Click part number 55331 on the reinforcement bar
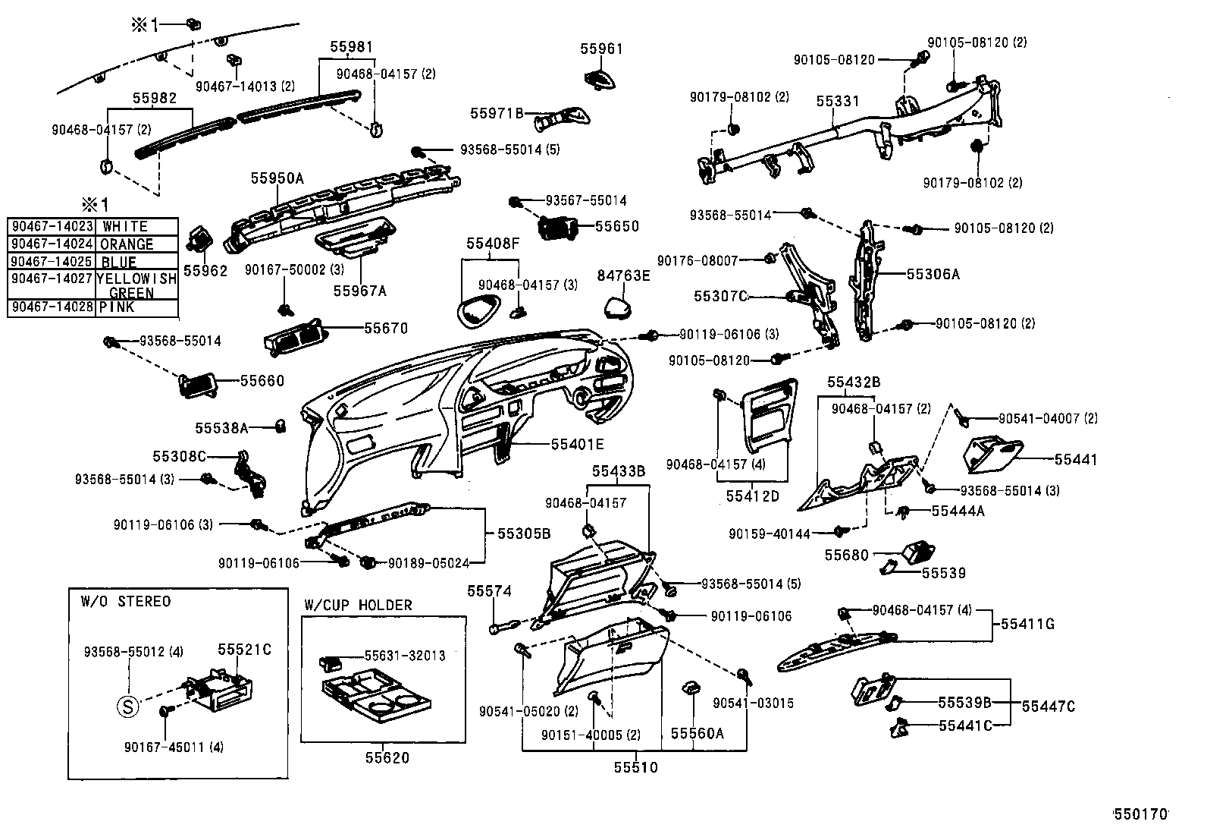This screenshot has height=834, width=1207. [837, 101]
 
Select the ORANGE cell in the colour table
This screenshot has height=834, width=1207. [127, 244]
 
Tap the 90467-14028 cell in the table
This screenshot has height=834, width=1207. [51, 307]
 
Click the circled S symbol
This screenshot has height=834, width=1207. [128, 707]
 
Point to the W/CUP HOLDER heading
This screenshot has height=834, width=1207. [358, 605]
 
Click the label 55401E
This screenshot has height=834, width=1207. [577, 444]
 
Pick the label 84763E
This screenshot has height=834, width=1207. [623, 275]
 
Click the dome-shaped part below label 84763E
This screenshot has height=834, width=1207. [620, 307]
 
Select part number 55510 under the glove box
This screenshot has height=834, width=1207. [635, 767]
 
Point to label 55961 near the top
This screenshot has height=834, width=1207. [601, 49]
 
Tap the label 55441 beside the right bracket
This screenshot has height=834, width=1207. [1075, 459]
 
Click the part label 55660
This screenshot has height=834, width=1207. [262, 380]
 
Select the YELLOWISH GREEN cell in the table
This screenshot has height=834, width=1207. [136, 285]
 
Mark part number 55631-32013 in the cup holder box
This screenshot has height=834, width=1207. [405, 655]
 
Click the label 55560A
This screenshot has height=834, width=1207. [697, 733]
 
